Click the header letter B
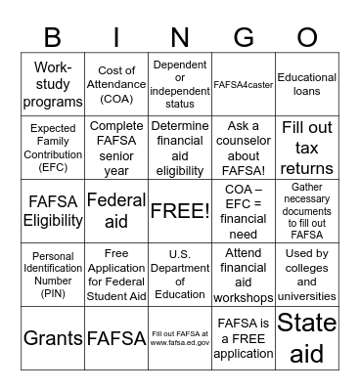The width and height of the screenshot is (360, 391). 53,37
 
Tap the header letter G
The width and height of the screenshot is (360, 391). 243,37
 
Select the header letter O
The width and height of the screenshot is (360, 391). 307,37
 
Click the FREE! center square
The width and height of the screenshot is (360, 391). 180,210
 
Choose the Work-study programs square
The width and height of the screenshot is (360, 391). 53,85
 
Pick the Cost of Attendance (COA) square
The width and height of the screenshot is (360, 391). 116,85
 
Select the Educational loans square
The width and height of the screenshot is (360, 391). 307,85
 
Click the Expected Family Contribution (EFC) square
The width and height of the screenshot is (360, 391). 53,148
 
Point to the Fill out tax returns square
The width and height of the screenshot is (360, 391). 307,148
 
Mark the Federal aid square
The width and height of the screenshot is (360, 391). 116,210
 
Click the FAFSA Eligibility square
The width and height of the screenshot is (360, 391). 53,210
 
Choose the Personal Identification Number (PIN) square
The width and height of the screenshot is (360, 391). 53,274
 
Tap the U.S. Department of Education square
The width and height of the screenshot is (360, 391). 180,274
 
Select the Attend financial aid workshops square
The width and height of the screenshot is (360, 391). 244,274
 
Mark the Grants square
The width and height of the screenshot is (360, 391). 53,337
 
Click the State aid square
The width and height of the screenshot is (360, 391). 307,337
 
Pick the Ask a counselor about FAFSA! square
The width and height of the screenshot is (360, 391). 244,148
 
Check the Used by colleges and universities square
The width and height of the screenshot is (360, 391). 307,274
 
